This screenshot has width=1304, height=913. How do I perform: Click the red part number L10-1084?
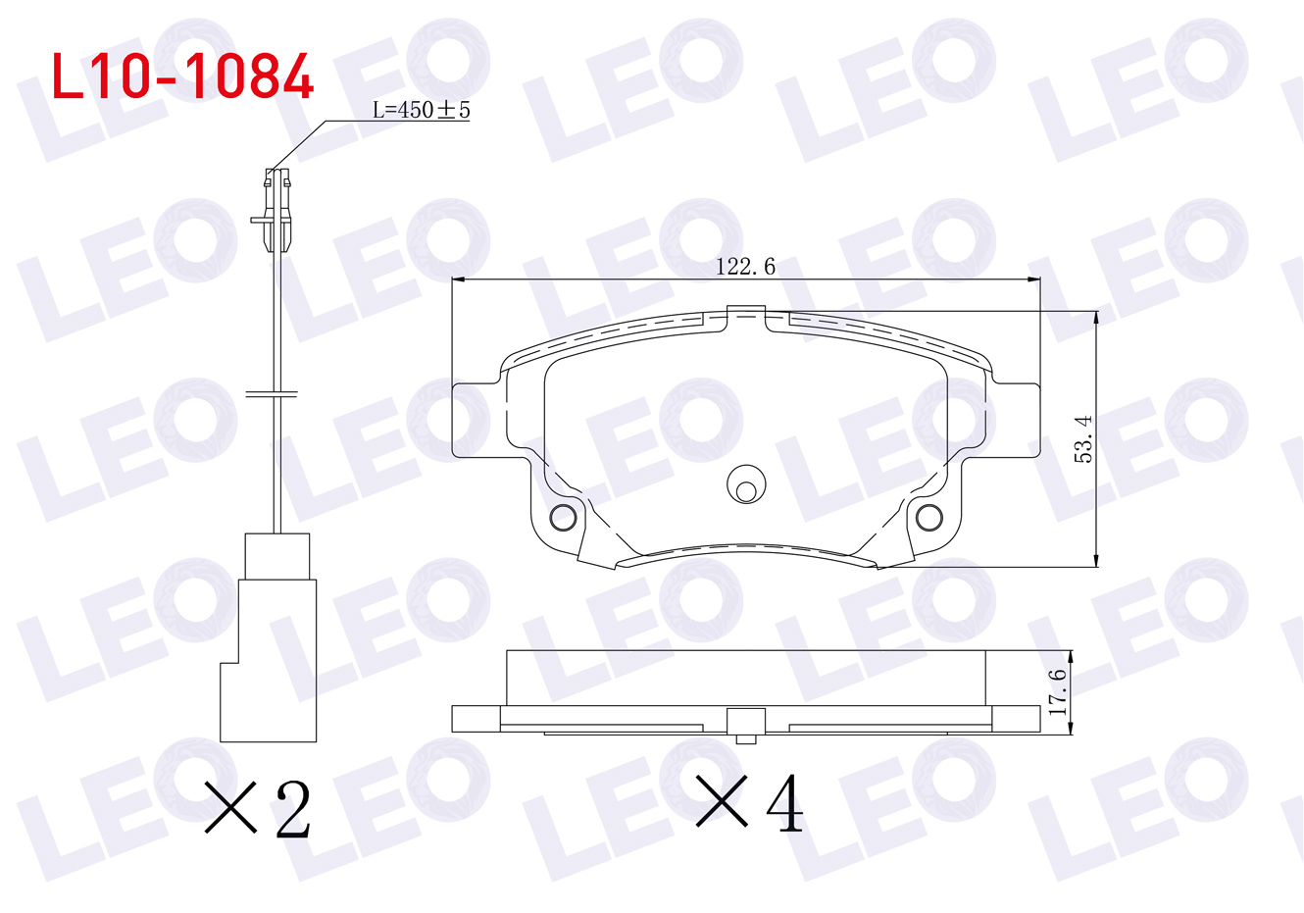(182, 76)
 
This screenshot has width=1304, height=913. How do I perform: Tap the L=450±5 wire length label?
(421, 110)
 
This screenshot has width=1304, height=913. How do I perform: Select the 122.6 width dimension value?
(745, 267)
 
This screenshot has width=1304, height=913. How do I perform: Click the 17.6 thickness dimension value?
(1057, 692)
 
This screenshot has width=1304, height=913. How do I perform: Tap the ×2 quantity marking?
(258, 809)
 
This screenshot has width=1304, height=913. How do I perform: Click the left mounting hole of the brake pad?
(563, 517)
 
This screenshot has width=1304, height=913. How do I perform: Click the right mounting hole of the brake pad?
(929, 517)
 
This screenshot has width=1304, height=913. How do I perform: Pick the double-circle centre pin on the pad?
(746, 484)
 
